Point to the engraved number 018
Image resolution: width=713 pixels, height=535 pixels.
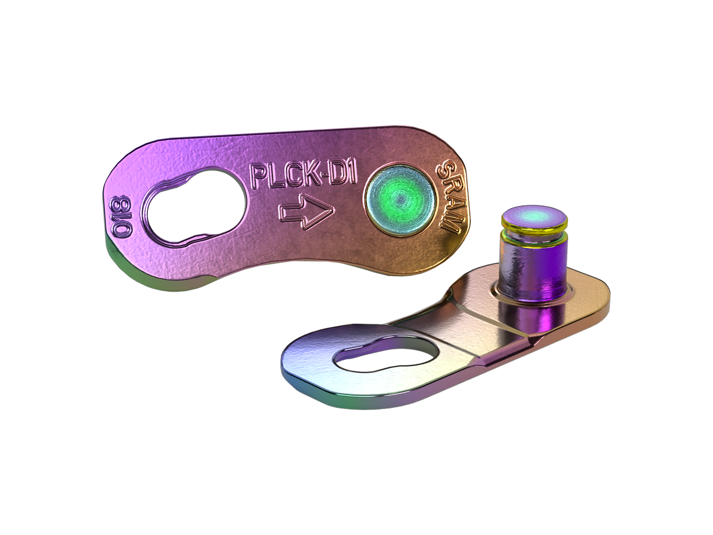[x=121, y=216]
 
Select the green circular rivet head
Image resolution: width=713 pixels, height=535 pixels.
[x=400, y=200]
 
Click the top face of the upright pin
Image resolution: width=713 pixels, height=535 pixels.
[x=534, y=215]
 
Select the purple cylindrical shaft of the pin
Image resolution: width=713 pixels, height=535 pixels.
[x=533, y=267]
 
